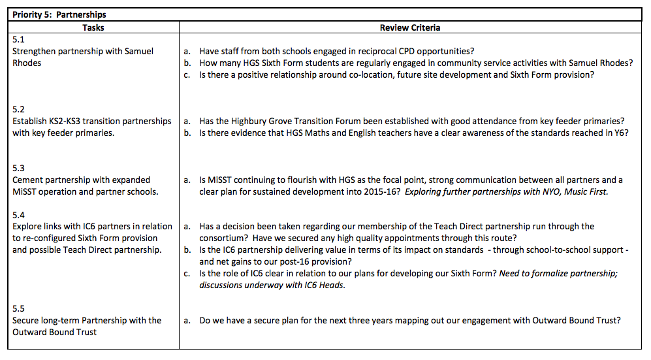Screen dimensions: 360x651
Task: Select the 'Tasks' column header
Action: click(93, 27)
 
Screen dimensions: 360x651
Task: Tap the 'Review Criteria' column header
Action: click(410, 27)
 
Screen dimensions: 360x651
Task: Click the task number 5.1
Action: click(18, 39)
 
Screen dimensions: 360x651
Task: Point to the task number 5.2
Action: click(19, 110)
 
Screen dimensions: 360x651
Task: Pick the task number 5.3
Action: click(19, 168)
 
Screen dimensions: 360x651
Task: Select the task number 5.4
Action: click(19, 215)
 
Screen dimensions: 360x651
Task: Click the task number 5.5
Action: click(19, 308)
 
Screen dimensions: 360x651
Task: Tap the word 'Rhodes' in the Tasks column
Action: click(27, 63)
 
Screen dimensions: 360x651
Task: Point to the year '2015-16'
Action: click(379, 191)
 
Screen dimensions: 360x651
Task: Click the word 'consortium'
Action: click(224, 238)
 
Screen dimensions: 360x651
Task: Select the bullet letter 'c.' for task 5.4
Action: click(187, 273)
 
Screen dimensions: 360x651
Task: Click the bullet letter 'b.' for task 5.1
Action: click(187, 63)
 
